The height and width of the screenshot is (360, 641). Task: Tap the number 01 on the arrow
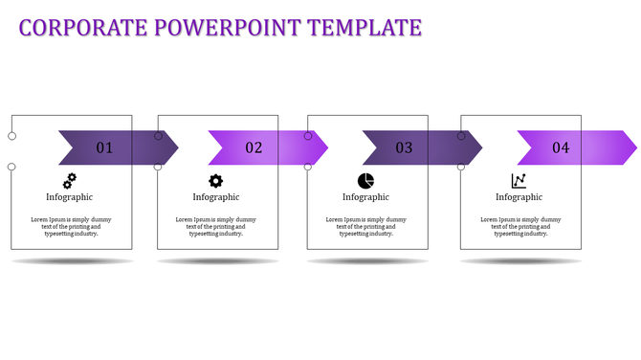[104, 147]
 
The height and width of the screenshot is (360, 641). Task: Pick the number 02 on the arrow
[254, 147]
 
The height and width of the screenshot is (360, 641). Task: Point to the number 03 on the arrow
[404, 147]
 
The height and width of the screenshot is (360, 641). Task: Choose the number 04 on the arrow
[561, 147]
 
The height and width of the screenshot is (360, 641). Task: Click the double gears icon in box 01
[69, 180]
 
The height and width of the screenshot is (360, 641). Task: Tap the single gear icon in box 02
[215, 180]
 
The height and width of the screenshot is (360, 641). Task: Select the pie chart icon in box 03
[365, 180]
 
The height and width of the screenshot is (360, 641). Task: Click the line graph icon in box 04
[519, 180]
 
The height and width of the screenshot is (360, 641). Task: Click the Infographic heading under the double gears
[69, 197]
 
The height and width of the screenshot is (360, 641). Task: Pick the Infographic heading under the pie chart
[365, 197]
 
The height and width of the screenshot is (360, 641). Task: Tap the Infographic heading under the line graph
[519, 197]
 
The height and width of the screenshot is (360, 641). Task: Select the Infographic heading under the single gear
[215, 197]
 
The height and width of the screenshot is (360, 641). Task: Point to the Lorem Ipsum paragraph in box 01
[69, 226]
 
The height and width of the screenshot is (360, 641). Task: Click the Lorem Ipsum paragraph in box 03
[365, 226]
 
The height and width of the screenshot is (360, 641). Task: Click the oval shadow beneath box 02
[218, 261]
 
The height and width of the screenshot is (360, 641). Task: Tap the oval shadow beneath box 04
[520, 261]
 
